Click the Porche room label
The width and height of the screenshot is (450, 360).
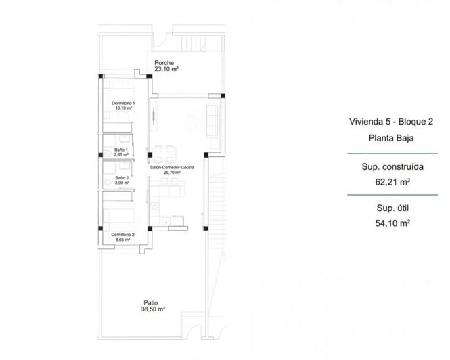163,63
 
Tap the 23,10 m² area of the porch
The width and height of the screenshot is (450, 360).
166,70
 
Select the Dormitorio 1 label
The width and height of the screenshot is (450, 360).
123,102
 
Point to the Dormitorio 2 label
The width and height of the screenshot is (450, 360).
123,234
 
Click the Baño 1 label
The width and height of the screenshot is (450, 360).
122,150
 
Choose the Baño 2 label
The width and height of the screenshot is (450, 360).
122,178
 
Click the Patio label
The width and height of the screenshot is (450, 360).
152,302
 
